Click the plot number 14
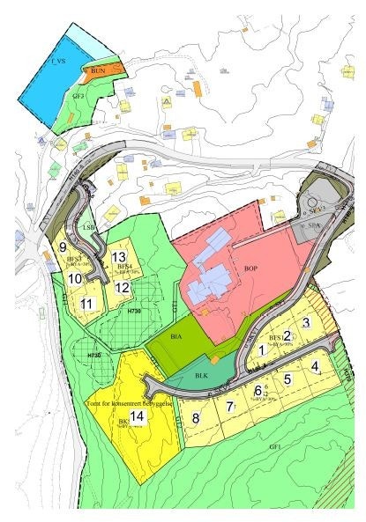[x=136, y=416]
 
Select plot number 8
[x=197, y=417]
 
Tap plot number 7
[x=229, y=407]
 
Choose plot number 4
[x=315, y=366]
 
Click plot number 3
[x=305, y=322]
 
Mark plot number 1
[x=262, y=350]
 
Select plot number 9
[x=63, y=247]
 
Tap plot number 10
[x=75, y=278]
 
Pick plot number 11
[x=86, y=304]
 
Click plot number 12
[x=123, y=287]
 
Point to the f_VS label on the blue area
[x=60, y=62]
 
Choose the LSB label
[x=88, y=227]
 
